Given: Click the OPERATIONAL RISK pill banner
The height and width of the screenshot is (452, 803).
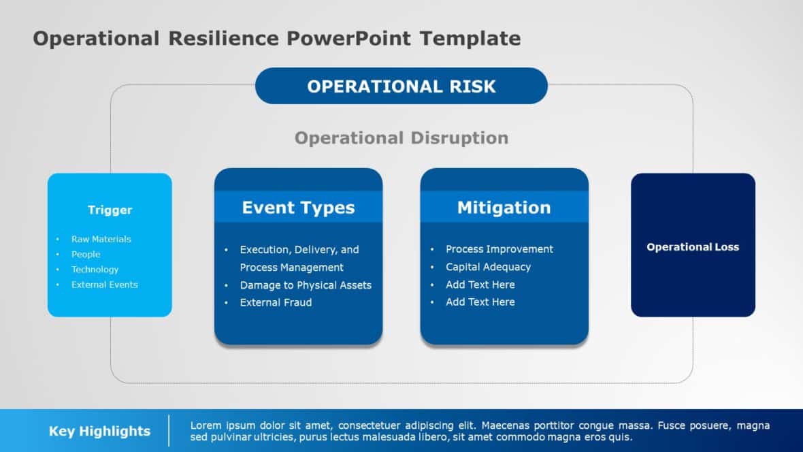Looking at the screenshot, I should click(401, 86).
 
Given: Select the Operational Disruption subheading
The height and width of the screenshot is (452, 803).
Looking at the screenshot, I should click(401, 138).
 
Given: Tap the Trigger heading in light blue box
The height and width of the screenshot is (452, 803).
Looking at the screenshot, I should click(110, 210).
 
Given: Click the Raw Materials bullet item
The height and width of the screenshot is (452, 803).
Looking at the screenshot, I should click(101, 239).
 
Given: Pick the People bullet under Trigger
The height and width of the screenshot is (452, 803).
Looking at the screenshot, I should click(86, 255).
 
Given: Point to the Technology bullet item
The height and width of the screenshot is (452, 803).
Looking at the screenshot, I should click(95, 270).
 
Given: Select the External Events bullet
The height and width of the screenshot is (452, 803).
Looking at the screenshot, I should click(104, 285).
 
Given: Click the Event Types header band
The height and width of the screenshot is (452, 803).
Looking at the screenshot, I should click(298, 208).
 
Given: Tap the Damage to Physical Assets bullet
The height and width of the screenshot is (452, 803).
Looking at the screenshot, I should click(306, 285).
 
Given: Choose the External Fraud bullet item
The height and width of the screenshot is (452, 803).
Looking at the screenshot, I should click(276, 302).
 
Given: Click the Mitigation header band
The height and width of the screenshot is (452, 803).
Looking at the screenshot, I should click(504, 208).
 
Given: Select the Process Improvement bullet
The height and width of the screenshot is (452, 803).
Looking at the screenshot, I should click(499, 249).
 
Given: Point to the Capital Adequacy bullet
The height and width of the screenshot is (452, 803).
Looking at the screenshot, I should click(488, 267).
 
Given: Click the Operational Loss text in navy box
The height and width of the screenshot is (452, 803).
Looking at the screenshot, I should click(692, 247).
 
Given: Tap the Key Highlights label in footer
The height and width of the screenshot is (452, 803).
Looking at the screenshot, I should click(99, 431).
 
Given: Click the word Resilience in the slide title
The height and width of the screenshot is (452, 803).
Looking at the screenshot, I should click(224, 38).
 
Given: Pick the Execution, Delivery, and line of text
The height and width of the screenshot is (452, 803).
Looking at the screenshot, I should click(299, 250).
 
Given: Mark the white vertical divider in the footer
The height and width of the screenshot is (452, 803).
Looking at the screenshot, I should click(169, 430).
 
